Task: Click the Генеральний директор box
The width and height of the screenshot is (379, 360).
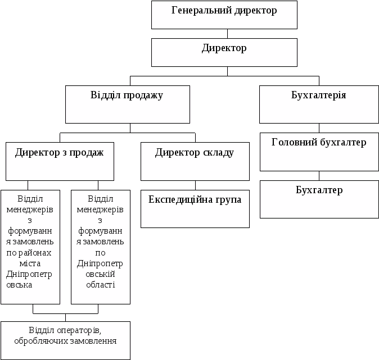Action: (224, 15)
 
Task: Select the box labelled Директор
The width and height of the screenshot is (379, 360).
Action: (224, 52)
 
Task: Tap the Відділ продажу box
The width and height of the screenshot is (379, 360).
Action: (128, 104)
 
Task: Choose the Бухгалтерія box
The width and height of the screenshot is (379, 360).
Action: (319, 104)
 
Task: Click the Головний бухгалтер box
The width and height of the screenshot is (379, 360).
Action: (319, 152)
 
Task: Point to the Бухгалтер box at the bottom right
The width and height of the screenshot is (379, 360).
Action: (319, 199)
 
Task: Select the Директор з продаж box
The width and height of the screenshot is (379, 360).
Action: (60, 161)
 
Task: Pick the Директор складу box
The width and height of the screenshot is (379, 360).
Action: (195, 161)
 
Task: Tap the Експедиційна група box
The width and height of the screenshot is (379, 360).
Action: (195, 209)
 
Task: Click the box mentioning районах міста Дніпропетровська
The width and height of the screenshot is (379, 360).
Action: (30, 247)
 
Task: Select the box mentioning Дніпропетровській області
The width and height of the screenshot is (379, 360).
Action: (101, 247)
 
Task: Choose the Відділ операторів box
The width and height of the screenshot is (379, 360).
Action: (65, 340)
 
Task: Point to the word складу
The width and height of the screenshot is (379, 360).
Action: (216, 153)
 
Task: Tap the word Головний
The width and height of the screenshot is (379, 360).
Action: (292, 143)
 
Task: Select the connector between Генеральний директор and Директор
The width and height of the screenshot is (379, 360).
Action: (227, 34)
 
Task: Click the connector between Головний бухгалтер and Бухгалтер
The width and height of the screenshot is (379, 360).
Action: (319, 175)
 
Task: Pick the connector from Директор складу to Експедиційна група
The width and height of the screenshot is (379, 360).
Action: (196, 185)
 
